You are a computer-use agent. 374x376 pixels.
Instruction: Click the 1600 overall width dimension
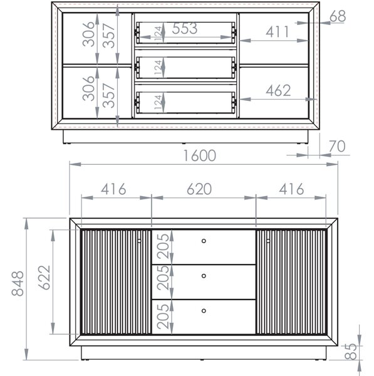coord(200,155)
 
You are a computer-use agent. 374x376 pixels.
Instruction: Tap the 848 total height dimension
coord(18,284)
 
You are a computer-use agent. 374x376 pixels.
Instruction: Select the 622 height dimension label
coord(44,278)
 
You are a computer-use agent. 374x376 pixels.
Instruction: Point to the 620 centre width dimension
coord(199,189)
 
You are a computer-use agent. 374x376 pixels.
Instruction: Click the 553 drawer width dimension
coord(185,28)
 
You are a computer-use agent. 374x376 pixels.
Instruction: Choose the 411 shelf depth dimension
coord(277,32)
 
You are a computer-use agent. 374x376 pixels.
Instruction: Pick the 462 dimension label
coord(278,91)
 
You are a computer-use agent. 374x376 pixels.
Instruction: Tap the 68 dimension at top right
coord(338,16)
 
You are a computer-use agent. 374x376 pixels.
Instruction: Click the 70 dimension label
coord(337,146)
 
